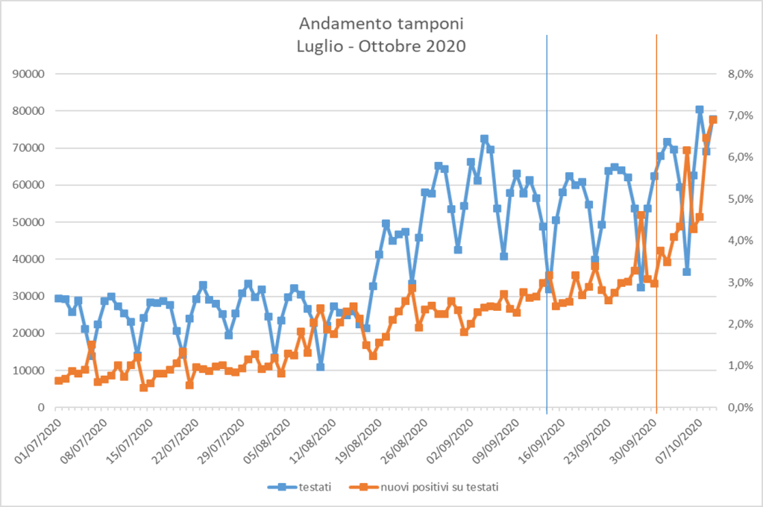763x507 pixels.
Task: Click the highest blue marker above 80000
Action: [x=700, y=110]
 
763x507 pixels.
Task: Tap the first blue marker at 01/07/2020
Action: [x=58, y=298]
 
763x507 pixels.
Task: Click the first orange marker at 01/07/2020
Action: [x=58, y=381]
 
